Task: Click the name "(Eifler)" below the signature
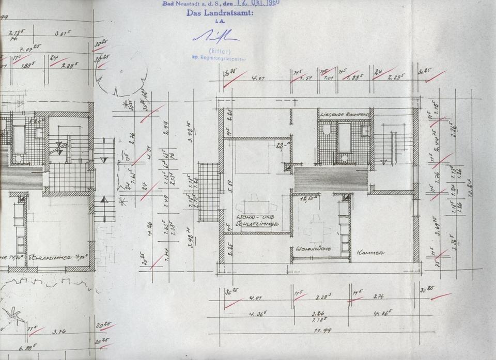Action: pyautogui.click(x=216, y=50)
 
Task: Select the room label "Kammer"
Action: pyautogui.click(x=370, y=253)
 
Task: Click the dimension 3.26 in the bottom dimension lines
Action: pyautogui.click(x=318, y=313)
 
